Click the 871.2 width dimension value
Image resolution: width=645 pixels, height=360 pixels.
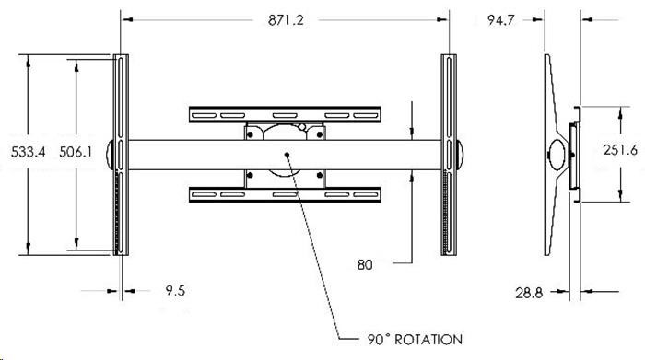click(x=286, y=19)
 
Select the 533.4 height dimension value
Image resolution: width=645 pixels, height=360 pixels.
click(x=28, y=152)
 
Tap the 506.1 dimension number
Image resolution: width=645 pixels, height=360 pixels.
click(x=76, y=152)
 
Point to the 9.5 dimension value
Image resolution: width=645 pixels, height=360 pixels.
click(x=175, y=291)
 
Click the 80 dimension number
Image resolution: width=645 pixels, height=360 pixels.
click(x=365, y=264)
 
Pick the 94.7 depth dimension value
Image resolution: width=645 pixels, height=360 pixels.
click(x=500, y=19)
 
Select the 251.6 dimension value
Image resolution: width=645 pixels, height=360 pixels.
click(x=620, y=149)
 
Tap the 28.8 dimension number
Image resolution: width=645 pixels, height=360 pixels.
click(x=529, y=293)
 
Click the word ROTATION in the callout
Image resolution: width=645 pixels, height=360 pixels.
click(x=428, y=340)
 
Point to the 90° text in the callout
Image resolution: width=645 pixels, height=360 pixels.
click(x=378, y=340)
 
